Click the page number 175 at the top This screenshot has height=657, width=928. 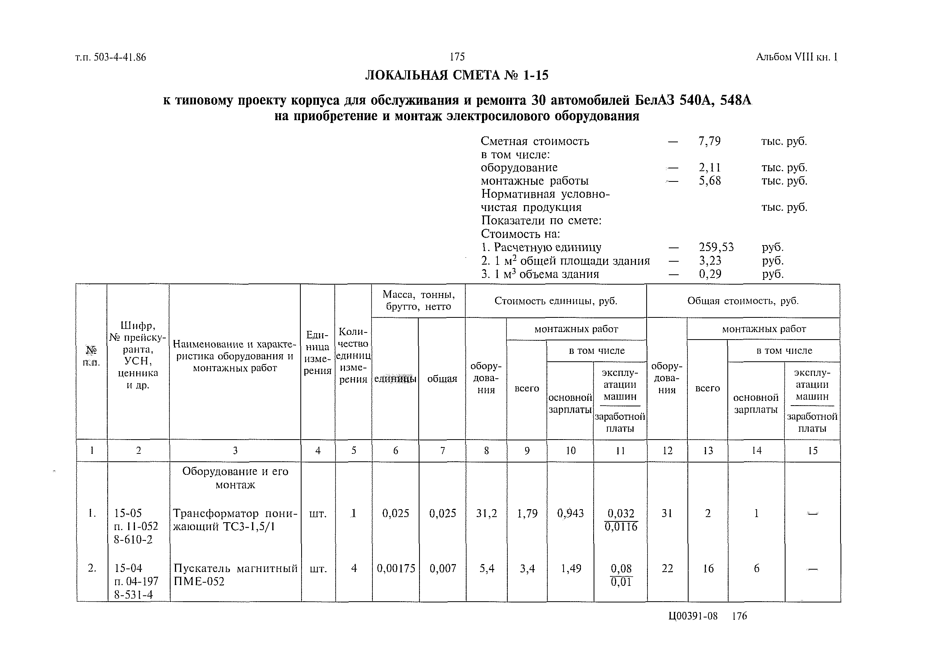[457, 57]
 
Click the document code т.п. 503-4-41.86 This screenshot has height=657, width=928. [110, 57]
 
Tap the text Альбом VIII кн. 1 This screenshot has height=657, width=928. [796, 57]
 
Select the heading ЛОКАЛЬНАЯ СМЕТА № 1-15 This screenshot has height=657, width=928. [457, 75]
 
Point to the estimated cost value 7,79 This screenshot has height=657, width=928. [710, 141]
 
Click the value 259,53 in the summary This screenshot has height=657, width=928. [716, 247]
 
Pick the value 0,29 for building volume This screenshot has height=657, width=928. [710, 274]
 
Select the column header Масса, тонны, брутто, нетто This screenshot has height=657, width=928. [418, 300]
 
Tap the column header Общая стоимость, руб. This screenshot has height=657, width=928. [742, 300]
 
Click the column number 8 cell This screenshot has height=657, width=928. [486, 451]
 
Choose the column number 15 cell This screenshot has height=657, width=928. [812, 451]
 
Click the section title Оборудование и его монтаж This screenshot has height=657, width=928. [235, 478]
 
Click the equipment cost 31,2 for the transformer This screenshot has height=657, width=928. [486, 514]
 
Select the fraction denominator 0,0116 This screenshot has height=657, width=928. [621, 527]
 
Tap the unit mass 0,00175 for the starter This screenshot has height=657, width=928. [396, 568]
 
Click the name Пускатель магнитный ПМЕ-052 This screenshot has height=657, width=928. [235, 575]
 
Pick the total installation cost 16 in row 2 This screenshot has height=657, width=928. [708, 568]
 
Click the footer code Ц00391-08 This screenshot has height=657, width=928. [693, 616]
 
